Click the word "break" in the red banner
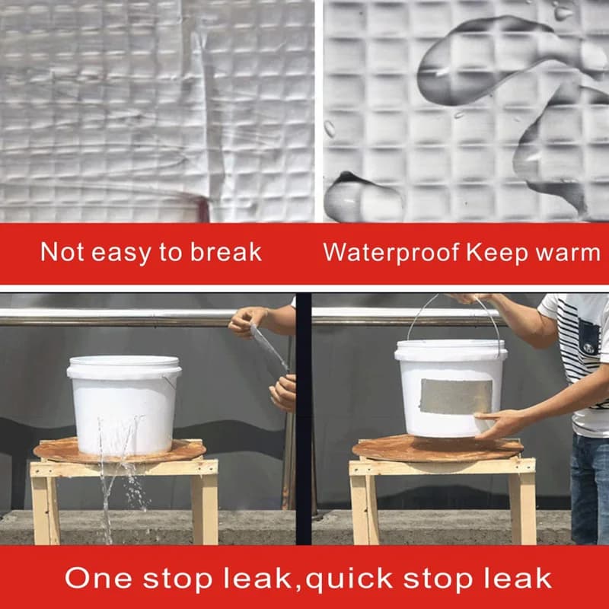pos(225,252)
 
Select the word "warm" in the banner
pos(568,252)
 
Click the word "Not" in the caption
pos(62,252)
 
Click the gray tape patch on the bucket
pos(456,396)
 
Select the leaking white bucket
pos(124,405)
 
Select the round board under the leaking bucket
pos(120,451)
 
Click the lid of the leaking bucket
pos(124,367)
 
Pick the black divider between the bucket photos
pos(304,419)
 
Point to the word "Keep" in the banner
pos(497,253)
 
